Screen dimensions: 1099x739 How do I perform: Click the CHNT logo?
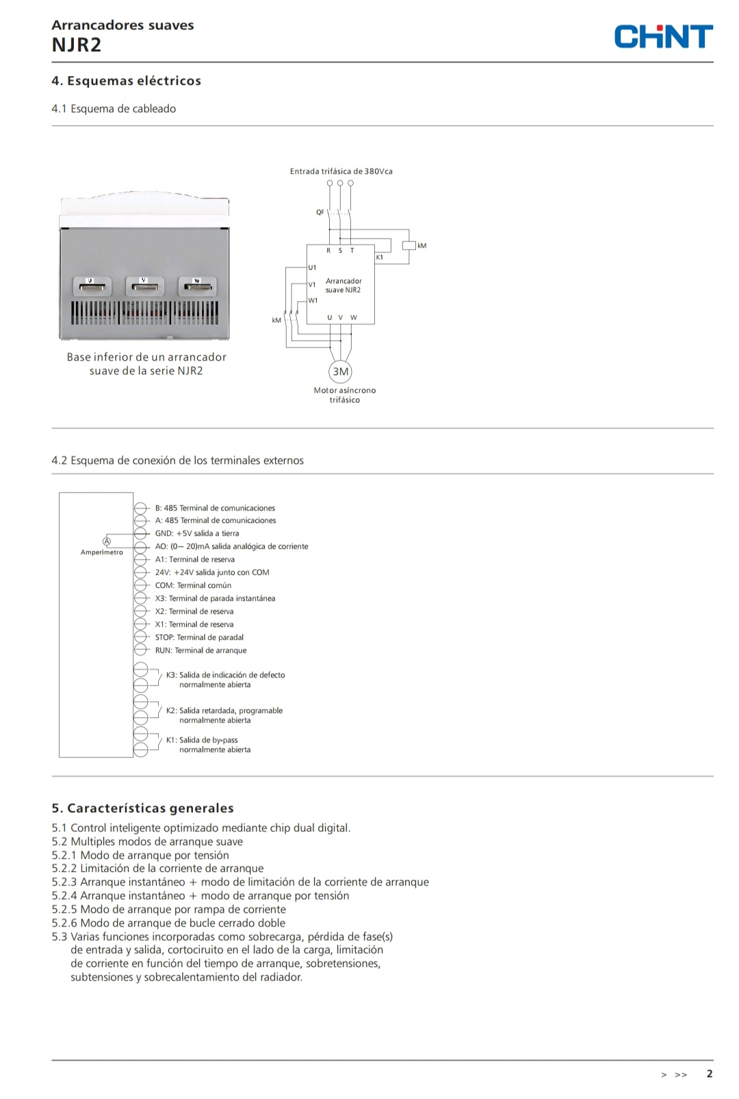pos(662,36)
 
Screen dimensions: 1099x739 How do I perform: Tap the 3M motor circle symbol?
pos(340,372)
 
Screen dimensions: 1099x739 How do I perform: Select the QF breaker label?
pos(320,212)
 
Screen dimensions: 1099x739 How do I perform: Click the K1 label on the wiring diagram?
pos(380,257)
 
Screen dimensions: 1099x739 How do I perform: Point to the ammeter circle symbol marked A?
pos(107,541)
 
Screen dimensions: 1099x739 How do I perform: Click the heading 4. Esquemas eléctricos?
pos(126,81)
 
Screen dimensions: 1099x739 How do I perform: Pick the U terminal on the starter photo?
pos(92,285)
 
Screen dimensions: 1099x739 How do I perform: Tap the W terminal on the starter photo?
pos(197,285)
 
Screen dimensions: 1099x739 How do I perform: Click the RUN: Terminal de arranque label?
pos(200,650)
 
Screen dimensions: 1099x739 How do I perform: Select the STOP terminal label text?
pos(199,637)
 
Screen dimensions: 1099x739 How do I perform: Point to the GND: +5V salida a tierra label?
pos(197,533)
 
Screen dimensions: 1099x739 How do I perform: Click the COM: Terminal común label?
pos(193,585)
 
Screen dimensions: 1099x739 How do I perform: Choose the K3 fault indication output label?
pos(225,680)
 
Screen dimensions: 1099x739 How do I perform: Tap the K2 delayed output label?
pos(224,715)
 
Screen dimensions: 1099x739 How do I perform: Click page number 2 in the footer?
pos(710,1074)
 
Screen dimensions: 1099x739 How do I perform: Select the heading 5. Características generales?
pos(142,808)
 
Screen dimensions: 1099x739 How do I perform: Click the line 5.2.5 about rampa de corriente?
pos(168,909)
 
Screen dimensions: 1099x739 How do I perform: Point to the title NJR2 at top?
pos(77,45)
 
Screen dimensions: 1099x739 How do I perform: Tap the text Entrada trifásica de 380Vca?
pos(341,171)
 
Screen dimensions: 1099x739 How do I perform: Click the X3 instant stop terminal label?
pos(215,598)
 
